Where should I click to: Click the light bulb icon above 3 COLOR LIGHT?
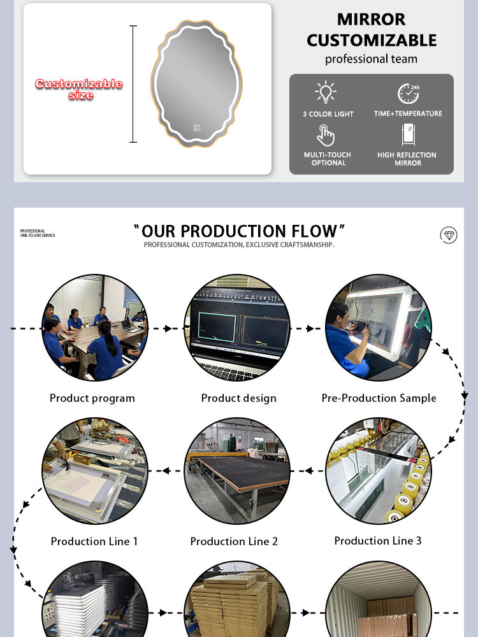[x=326, y=92]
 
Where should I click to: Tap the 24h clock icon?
[x=409, y=94]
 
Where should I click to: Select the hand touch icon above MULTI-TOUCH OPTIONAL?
[x=326, y=135]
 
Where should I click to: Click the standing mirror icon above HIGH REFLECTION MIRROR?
[x=409, y=134]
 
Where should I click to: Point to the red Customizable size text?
[x=79, y=89]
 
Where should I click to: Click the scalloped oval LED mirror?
[x=197, y=83]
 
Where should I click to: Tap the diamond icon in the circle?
[x=449, y=235]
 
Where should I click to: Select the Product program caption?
[x=92, y=398]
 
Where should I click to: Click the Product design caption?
[x=238, y=398]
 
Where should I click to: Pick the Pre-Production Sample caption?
[x=379, y=398]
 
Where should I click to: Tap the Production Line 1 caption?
[x=94, y=541]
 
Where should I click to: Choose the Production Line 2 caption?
[x=234, y=541]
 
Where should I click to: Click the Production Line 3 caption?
[x=378, y=541]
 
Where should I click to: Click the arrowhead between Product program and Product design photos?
[x=168, y=328]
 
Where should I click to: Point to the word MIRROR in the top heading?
[x=371, y=20]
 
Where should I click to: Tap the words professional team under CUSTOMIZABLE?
[x=371, y=59]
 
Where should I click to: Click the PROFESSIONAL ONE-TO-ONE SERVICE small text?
[x=38, y=233]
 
